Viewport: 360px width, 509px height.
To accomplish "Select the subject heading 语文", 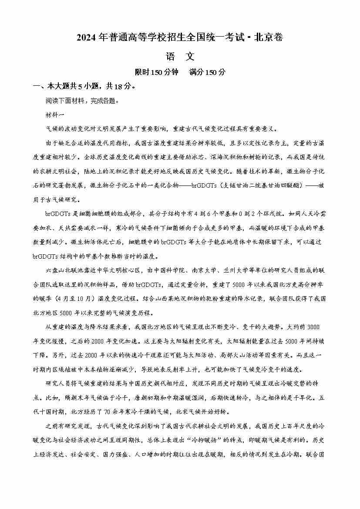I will tap(180, 56).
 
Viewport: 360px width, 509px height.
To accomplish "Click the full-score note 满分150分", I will tap(208, 72).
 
